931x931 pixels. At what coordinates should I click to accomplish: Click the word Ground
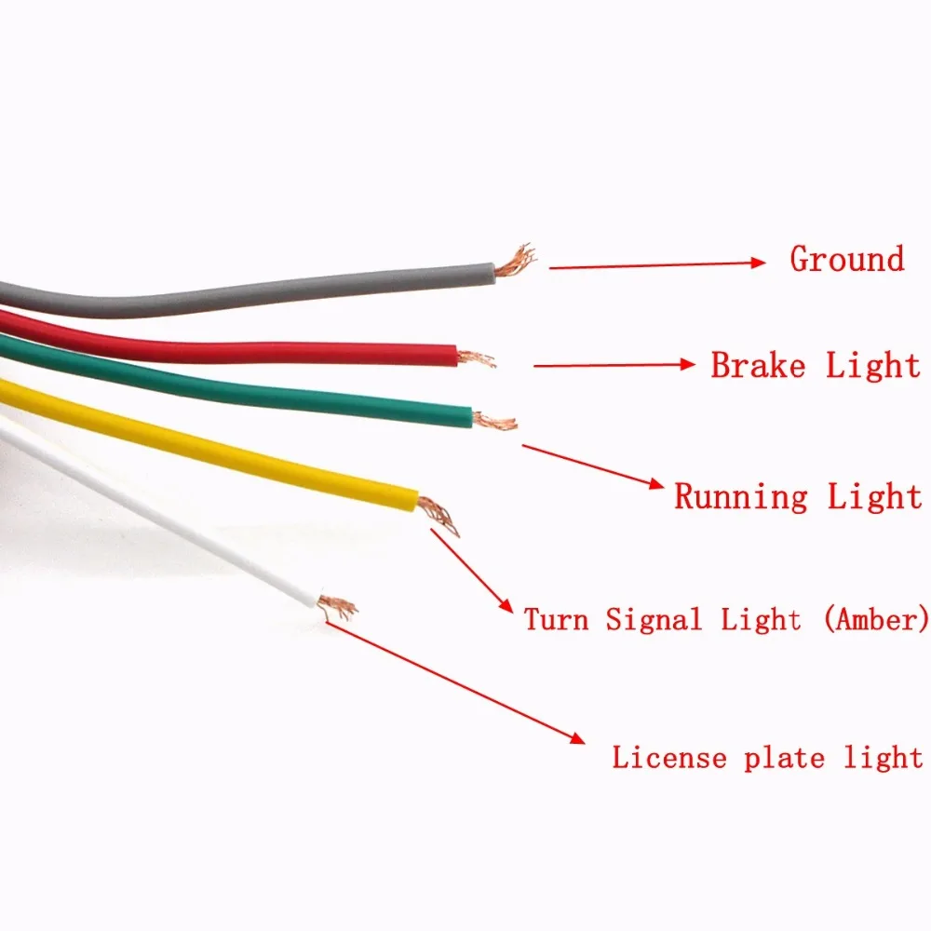(846, 259)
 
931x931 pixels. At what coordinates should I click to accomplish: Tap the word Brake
(758, 365)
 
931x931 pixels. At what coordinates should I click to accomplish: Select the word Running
(741, 496)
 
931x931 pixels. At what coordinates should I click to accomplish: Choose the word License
(668, 758)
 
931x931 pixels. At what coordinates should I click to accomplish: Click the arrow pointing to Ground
(656, 265)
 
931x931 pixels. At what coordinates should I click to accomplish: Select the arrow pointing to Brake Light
(614, 366)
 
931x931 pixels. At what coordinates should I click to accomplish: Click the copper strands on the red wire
(476, 358)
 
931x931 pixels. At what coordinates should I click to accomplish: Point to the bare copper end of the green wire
(497, 422)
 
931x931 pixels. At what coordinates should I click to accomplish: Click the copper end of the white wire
(337, 606)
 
